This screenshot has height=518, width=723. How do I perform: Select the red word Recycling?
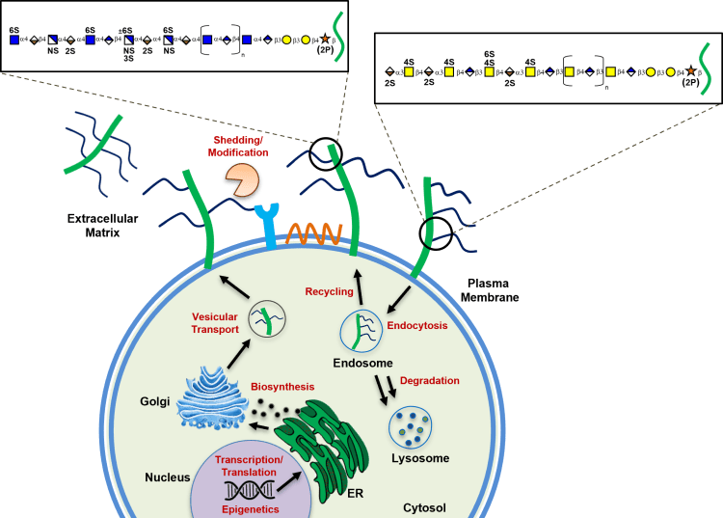pos(329,290)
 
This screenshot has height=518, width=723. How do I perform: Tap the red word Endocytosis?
pos(417,326)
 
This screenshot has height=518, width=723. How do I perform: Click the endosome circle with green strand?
pos(359,330)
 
